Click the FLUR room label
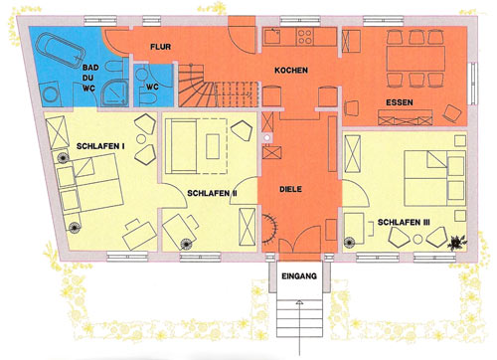(x=161, y=47)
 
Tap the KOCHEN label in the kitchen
(x=291, y=71)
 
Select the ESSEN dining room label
(x=400, y=102)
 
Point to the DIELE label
(x=290, y=189)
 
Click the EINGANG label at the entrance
(x=299, y=275)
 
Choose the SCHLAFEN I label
(x=100, y=146)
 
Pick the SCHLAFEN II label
(x=212, y=193)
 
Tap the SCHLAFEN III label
(x=404, y=222)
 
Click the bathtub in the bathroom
(x=60, y=52)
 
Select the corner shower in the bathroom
(x=115, y=92)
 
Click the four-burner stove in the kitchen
(x=305, y=37)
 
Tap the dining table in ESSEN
(x=415, y=59)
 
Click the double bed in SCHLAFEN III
(x=435, y=178)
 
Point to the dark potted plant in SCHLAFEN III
(x=457, y=243)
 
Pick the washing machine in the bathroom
(x=51, y=94)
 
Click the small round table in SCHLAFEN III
(x=417, y=239)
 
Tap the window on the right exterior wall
(x=473, y=83)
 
